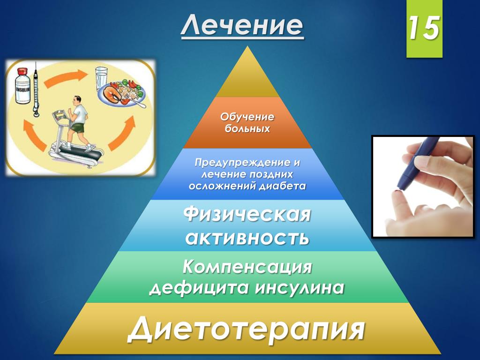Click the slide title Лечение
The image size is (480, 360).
click(242, 25)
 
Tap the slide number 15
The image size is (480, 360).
click(424, 28)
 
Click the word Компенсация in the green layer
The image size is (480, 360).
click(247, 267)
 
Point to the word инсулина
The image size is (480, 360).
click(300, 288)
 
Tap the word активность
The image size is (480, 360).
click(247, 238)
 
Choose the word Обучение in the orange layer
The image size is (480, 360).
click(247, 117)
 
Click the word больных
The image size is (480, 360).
click(247, 128)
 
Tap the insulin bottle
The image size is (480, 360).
click(22, 86)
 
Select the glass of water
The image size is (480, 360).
click(101, 79)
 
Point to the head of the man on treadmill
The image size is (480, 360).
click(77, 101)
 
